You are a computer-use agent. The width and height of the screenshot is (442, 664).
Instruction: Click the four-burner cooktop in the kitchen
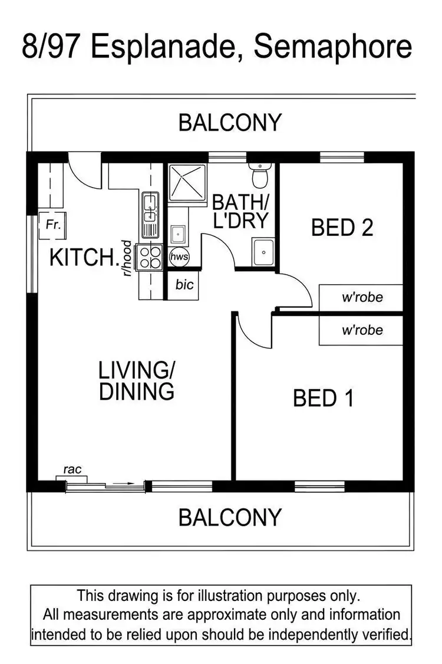(150, 257)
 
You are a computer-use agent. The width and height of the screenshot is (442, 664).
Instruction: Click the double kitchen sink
(151, 215)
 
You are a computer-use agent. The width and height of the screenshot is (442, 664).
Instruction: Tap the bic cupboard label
(184, 285)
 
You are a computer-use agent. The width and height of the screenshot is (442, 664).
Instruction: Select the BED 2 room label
(342, 227)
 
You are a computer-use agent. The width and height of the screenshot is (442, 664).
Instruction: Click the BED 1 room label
(323, 399)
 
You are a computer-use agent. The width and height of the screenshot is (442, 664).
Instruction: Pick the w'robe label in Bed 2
(362, 297)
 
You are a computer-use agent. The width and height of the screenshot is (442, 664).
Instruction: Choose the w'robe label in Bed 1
(362, 330)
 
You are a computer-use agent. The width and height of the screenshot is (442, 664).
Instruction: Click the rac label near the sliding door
(72, 470)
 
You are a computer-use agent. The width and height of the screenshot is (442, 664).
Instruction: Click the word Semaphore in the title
(332, 47)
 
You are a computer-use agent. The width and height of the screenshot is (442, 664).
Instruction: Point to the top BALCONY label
(230, 123)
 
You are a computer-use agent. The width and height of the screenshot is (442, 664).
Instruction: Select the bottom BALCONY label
(230, 517)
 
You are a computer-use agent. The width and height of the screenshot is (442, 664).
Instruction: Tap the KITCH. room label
(84, 258)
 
